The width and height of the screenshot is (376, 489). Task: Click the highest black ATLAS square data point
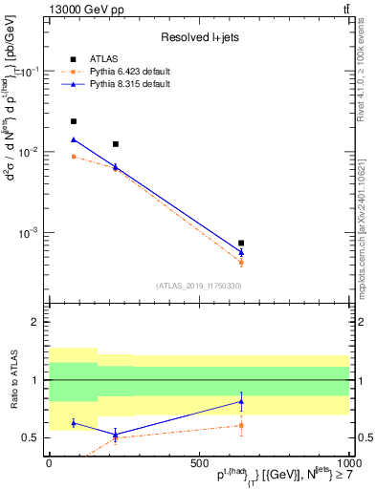[x=74, y=121]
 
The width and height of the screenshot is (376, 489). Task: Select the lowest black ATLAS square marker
[x=241, y=243]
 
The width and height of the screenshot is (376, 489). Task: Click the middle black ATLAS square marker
[x=116, y=144]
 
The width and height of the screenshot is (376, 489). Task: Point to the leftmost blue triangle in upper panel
[x=74, y=139]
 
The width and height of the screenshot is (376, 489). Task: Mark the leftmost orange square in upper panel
[x=74, y=156]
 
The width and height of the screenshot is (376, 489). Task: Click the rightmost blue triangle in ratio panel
[x=241, y=401]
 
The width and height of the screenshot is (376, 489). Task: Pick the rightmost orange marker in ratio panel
[x=241, y=425]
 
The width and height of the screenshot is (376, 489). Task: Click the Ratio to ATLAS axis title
[x=13, y=379]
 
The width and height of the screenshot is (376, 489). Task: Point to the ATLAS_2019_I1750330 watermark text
[x=199, y=285]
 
